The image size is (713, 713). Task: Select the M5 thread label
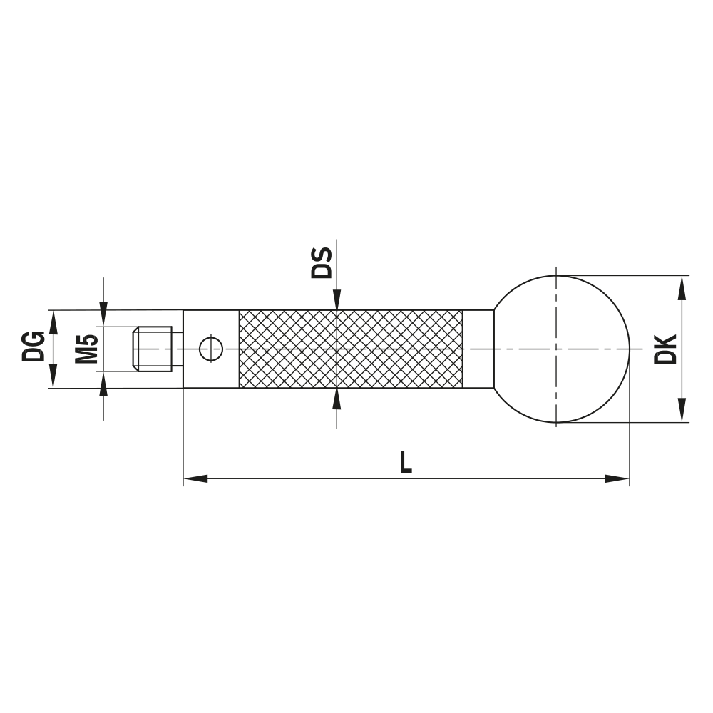pos(86,349)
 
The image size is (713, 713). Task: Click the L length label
pos(406,462)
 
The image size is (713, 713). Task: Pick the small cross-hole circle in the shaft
pos(211,349)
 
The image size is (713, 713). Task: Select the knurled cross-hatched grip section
pos(351,349)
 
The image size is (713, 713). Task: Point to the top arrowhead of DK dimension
pos(682,287)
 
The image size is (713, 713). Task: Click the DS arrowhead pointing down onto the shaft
pos(336,300)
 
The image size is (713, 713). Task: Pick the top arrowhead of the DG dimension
pos(51,321)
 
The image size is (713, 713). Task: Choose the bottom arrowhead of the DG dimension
pos(51,377)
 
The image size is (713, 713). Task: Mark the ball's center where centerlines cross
pos(555,349)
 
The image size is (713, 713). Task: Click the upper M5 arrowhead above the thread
pos(104,314)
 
